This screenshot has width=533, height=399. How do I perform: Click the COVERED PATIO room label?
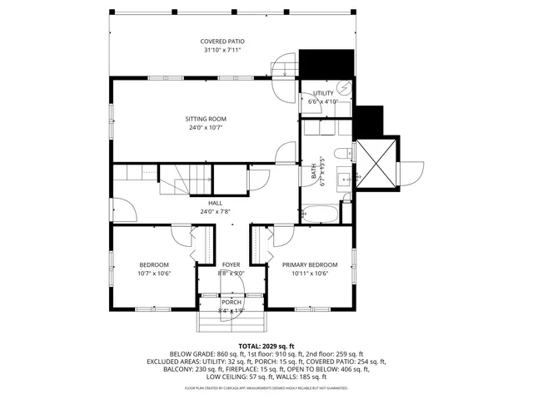tap(222, 41)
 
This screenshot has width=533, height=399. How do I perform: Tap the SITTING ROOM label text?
tap(206, 119)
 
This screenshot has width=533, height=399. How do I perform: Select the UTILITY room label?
tap(323, 92)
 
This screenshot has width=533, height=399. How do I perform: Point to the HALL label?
tap(215, 202)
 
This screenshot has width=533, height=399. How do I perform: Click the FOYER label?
tap(231, 264)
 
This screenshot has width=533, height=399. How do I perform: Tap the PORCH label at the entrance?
tap(231, 302)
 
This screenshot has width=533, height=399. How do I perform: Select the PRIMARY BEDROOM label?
tap(310, 264)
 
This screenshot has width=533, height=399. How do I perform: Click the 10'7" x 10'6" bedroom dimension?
tap(153, 273)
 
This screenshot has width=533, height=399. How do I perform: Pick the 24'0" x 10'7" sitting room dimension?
tap(206, 128)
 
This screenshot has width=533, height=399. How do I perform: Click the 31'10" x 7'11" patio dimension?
tap(222, 50)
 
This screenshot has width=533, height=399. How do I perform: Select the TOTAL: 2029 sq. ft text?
tap(266, 346)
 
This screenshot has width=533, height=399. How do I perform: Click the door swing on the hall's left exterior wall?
tap(122, 209)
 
